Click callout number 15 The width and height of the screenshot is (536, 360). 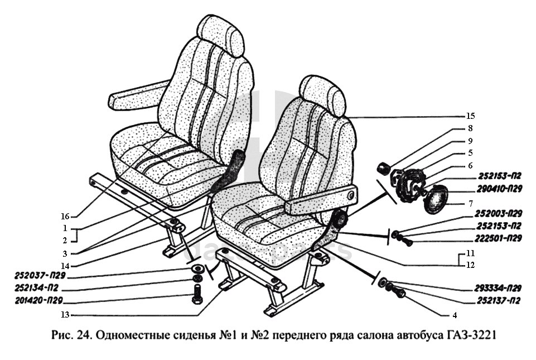[470, 117]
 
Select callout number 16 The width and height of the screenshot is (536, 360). [65, 215]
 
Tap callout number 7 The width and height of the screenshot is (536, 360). [470, 203]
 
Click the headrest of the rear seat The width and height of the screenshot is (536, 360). [221, 35]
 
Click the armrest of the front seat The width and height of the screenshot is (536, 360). [320, 200]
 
